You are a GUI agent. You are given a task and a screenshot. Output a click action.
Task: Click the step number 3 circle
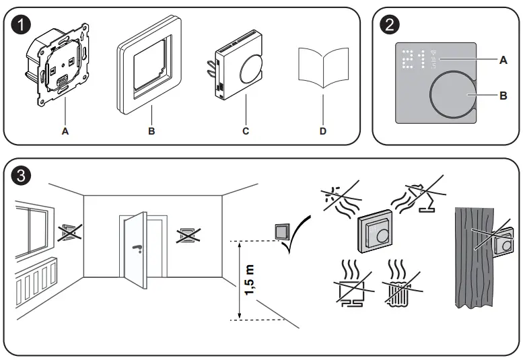point(22,176)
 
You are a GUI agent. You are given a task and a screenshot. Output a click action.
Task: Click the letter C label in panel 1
point(246,131)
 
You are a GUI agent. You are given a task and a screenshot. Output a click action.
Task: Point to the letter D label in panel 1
point(323,131)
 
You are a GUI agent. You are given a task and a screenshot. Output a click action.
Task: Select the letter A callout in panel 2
point(502,60)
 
